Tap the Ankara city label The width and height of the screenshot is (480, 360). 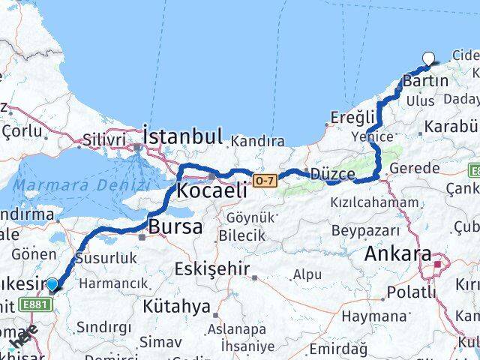coord(397,254)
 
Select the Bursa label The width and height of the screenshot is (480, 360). coord(175,226)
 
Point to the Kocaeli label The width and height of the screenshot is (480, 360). coord(211,190)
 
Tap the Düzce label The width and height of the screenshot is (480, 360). coord(333,175)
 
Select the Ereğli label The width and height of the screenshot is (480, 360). coord(352,117)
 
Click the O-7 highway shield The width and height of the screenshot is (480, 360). coord(265,180)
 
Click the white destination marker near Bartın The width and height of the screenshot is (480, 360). coord(429,58)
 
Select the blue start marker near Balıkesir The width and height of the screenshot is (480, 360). coord(52,284)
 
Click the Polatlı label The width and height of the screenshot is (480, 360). coord(411,292)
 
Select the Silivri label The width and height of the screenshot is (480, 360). coord(103,140)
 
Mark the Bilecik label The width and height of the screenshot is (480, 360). coord(241,235)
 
